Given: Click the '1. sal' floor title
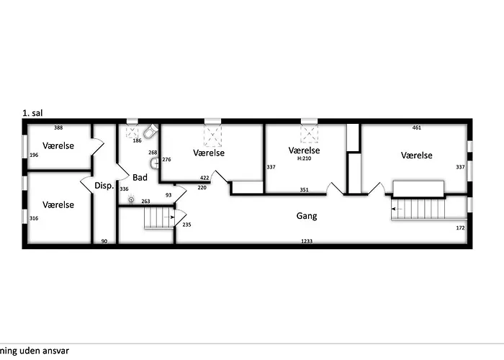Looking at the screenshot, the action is (x=32, y=113).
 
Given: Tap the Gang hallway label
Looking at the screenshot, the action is (x=307, y=216).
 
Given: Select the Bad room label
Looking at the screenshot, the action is (x=140, y=177).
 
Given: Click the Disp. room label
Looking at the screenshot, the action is (x=104, y=186).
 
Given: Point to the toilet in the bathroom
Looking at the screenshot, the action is (x=150, y=131).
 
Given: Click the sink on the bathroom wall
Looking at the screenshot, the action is (x=154, y=163).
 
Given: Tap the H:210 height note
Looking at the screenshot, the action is (x=304, y=158).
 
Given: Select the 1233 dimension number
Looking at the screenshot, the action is (x=307, y=241).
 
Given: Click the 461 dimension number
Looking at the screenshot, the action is (x=417, y=127).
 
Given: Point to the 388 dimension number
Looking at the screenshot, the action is (x=58, y=127).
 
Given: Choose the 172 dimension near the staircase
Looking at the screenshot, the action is (x=460, y=228).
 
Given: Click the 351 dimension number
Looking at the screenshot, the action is (x=304, y=189).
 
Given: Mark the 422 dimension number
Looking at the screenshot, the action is (x=204, y=178).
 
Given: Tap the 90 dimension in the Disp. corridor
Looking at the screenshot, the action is (x=104, y=241).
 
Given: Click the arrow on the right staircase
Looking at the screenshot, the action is (x=397, y=209).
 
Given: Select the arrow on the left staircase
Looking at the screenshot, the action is (x=169, y=217).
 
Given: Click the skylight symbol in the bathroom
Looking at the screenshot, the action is (x=132, y=131).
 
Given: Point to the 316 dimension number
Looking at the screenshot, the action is (x=34, y=218).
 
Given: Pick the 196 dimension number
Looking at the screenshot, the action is (x=34, y=155).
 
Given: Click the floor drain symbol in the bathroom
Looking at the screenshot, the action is (x=131, y=199).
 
